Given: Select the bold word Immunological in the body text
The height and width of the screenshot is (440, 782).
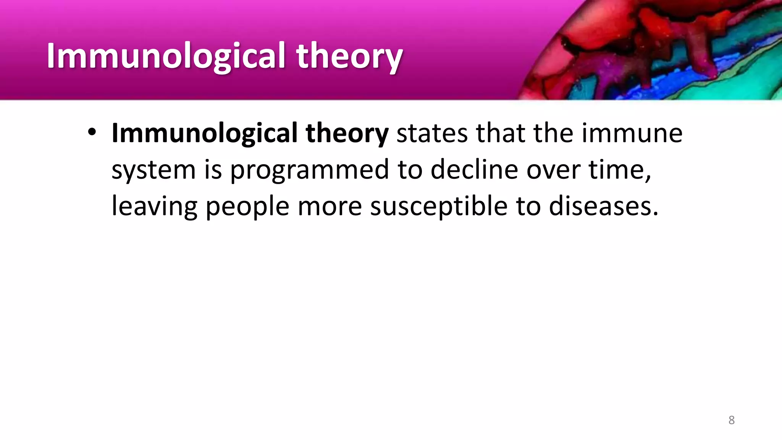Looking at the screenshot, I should [204, 133].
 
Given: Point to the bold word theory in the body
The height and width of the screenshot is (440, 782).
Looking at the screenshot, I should [347, 133].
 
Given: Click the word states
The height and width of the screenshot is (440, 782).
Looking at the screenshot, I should [432, 133].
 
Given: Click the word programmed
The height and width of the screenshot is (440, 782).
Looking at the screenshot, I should [309, 170].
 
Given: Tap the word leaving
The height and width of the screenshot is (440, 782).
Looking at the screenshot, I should [154, 206].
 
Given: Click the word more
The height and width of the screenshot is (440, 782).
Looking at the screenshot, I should [330, 206].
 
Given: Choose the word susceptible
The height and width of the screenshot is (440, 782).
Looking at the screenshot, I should [439, 206].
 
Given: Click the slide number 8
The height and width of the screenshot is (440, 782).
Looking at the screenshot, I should [731, 420].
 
